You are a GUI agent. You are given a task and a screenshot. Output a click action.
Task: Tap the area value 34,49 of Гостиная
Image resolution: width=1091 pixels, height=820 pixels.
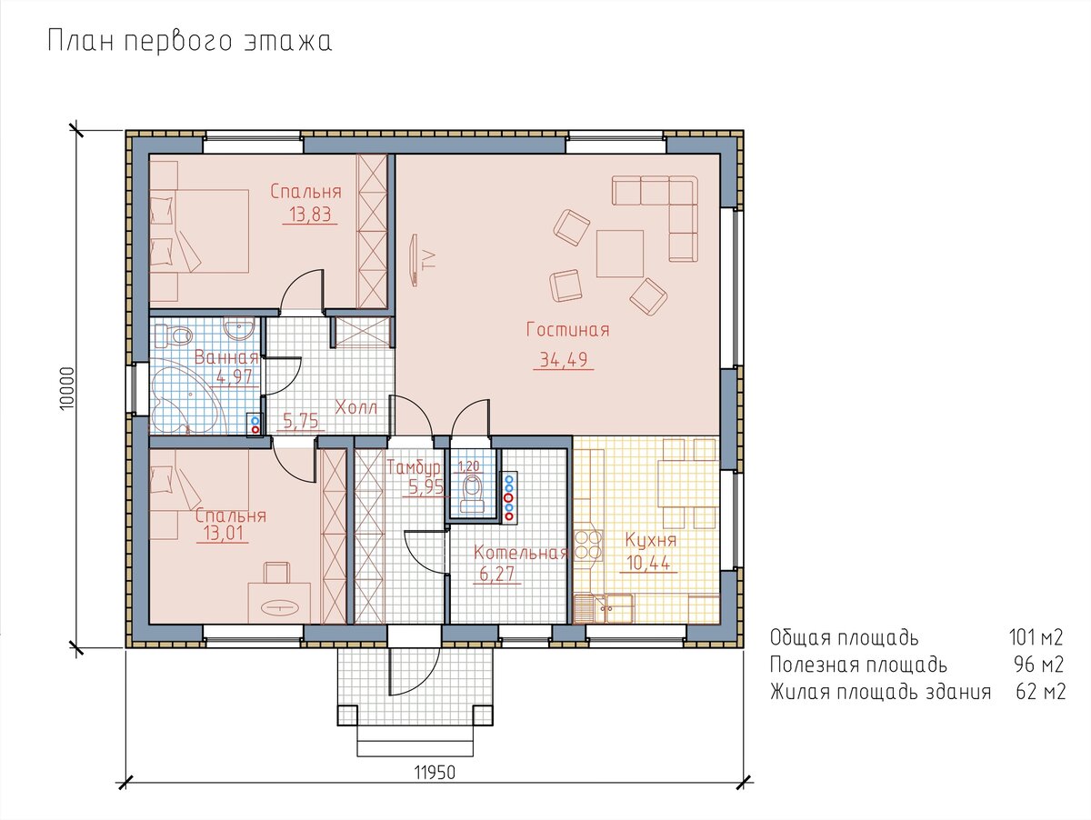(564, 359)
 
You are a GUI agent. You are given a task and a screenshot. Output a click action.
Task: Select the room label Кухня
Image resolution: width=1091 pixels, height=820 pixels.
(651, 540)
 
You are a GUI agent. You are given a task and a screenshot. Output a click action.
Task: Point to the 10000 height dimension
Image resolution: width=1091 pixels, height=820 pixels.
(66, 388)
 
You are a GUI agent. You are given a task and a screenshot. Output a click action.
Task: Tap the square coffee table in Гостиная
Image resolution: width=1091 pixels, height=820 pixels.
(620, 254)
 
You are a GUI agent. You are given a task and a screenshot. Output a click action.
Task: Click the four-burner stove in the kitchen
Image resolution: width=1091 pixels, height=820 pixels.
(588, 545)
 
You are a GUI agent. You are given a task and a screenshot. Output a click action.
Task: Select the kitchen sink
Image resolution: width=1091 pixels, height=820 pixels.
(603, 608)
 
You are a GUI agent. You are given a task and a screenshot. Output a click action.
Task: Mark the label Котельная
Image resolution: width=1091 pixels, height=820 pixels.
(520, 553)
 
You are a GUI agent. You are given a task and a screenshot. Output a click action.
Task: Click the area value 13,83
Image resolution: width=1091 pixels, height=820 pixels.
(310, 215)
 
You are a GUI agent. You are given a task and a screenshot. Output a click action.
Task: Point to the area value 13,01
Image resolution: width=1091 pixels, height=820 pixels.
(223, 534)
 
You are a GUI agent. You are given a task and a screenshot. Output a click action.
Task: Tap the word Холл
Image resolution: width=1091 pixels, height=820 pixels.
(356, 407)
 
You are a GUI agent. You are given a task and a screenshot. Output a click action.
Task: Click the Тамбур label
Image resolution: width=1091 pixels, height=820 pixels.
(414, 467)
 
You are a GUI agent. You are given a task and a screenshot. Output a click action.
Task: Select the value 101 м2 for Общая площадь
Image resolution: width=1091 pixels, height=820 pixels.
(1036, 637)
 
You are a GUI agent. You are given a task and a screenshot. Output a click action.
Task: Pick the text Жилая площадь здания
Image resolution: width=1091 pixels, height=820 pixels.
(880, 692)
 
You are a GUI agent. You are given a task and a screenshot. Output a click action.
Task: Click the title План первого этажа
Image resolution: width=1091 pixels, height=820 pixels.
(189, 41)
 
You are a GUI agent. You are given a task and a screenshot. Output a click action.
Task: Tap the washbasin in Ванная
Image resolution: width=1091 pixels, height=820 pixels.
(239, 329)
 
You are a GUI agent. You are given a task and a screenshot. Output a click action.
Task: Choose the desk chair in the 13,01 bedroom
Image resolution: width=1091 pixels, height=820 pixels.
(277, 573)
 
